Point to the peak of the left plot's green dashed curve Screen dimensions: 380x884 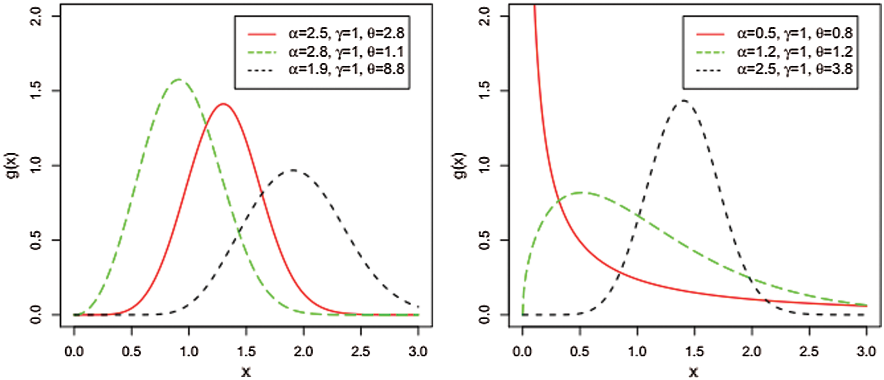tap(179, 80)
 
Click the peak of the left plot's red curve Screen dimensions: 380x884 tap(223, 104)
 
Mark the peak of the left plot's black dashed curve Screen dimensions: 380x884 tap(293, 170)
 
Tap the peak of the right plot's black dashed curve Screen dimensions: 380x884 tap(683, 101)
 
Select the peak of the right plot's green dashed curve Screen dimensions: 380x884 tap(580, 192)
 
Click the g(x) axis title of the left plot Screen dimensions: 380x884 tap(14, 166)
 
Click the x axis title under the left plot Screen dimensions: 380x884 tap(246, 372)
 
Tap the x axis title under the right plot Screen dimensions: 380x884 tap(694, 372)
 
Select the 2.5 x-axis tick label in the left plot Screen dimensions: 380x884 tap(361, 351)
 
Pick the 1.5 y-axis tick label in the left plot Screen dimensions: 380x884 tap(36, 91)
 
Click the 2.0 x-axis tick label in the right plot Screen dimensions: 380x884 tap(752, 351)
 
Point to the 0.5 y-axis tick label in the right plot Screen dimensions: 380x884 tap(484, 240)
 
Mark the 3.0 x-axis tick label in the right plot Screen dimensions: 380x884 tap(866, 351)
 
